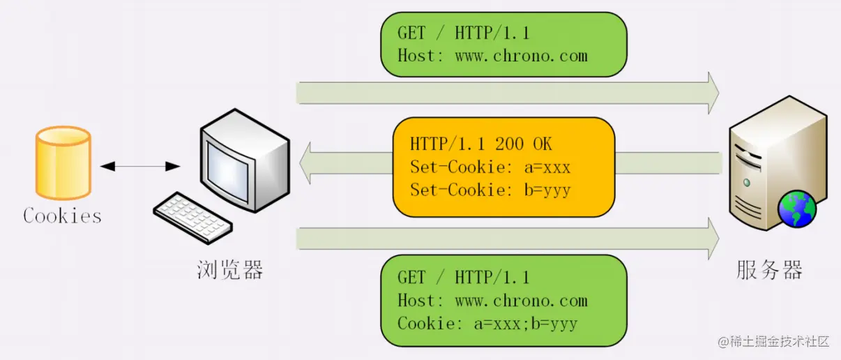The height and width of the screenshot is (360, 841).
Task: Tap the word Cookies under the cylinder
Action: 63,216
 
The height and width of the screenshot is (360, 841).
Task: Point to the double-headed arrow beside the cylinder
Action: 139,166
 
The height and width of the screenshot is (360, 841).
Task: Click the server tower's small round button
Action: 747,182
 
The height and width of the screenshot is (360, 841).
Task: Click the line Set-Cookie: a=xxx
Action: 490,167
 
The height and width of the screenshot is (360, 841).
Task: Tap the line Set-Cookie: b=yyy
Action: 490,190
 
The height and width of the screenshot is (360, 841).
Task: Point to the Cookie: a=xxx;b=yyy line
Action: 487,324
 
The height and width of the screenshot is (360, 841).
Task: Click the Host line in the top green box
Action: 492,55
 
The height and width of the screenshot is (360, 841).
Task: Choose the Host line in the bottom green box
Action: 492,301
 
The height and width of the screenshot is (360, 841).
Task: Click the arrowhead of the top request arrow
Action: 712,93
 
